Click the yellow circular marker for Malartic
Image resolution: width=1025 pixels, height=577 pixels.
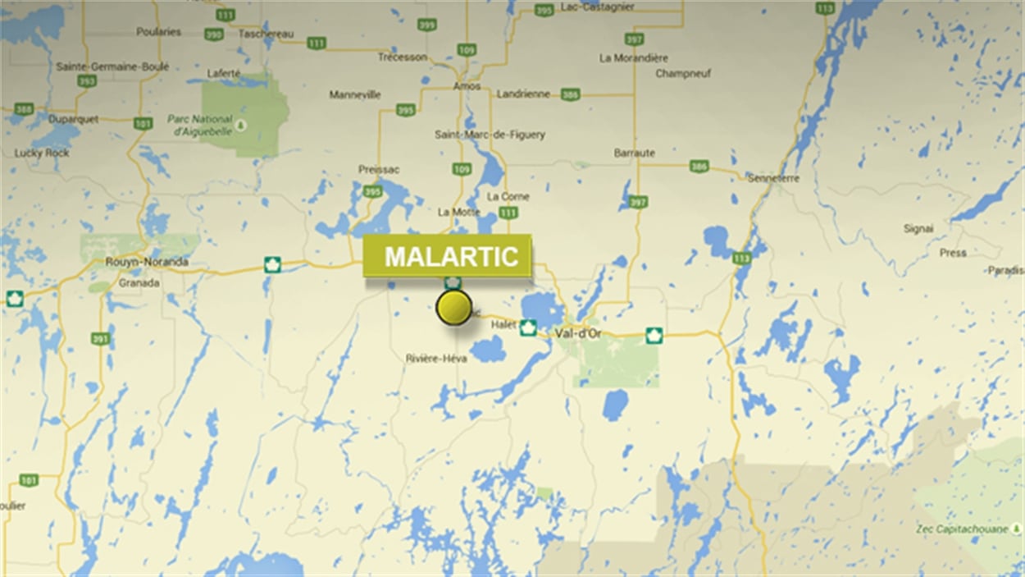[x=453, y=307]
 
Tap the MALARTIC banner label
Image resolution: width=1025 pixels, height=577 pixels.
[x=449, y=256]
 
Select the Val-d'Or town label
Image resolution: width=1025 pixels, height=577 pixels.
[x=578, y=333]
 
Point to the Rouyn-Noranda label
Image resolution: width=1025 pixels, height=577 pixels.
[x=147, y=263]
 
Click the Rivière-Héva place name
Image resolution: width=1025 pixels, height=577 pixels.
[x=436, y=359]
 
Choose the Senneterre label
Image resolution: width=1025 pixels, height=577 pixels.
[x=772, y=177]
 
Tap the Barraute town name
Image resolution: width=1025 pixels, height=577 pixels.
[x=634, y=153]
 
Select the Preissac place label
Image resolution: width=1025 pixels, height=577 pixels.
[x=379, y=170]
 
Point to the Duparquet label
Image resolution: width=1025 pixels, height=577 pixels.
[x=73, y=119]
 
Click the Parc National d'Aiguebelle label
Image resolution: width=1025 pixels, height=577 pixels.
[x=201, y=124]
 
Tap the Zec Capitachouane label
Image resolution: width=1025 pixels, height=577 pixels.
[x=962, y=529]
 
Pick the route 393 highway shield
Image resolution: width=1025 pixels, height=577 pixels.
[x=87, y=81]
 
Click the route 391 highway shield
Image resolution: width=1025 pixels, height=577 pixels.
[x=100, y=338]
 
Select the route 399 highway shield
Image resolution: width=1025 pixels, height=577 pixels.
[x=426, y=25]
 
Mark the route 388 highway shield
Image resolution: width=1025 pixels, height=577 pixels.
[x=24, y=109]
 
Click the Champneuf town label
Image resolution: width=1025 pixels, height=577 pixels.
[x=682, y=74]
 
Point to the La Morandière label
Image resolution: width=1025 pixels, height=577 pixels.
[x=633, y=58]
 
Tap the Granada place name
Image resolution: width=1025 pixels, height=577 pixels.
[x=139, y=283]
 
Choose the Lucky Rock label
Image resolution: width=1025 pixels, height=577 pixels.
[x=40, y=153]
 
